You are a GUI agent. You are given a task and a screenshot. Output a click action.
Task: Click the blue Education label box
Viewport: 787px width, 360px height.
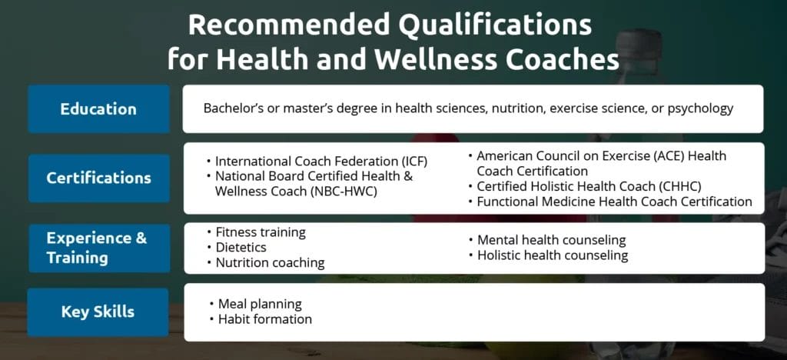[x=98, y=109]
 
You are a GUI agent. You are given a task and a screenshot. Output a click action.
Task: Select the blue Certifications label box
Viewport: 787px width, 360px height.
[x=98, y=178]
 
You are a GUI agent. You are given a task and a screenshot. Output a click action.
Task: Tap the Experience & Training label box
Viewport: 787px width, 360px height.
[x=98, y=247]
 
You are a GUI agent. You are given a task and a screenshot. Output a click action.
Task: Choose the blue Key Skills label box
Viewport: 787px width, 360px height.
[x=98, y=312]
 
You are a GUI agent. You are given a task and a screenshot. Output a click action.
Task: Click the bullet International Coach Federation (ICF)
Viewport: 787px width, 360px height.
[x=321, y=162]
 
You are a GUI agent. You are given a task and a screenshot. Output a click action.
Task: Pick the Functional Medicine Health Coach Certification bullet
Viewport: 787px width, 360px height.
[x=614, y=202]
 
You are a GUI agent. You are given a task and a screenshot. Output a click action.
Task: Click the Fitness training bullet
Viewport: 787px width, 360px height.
[x=260, y=232]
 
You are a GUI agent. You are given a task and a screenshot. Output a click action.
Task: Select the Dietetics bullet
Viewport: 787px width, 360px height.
[x=241, y=248]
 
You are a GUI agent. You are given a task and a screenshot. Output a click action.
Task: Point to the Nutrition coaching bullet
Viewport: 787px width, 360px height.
[x=270, y=263]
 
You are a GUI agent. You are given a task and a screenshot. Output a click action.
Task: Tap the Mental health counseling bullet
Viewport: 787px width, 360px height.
[x=551, y=240]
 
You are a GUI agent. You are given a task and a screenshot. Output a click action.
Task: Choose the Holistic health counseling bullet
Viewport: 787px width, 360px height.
[x=553, y=255]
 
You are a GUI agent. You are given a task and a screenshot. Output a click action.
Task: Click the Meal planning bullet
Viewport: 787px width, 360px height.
[x=260, y=304]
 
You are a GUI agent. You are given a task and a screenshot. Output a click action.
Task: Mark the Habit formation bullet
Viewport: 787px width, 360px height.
[x=265, y=319]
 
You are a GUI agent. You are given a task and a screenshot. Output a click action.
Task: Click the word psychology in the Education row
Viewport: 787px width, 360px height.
[x=700, y=108]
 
